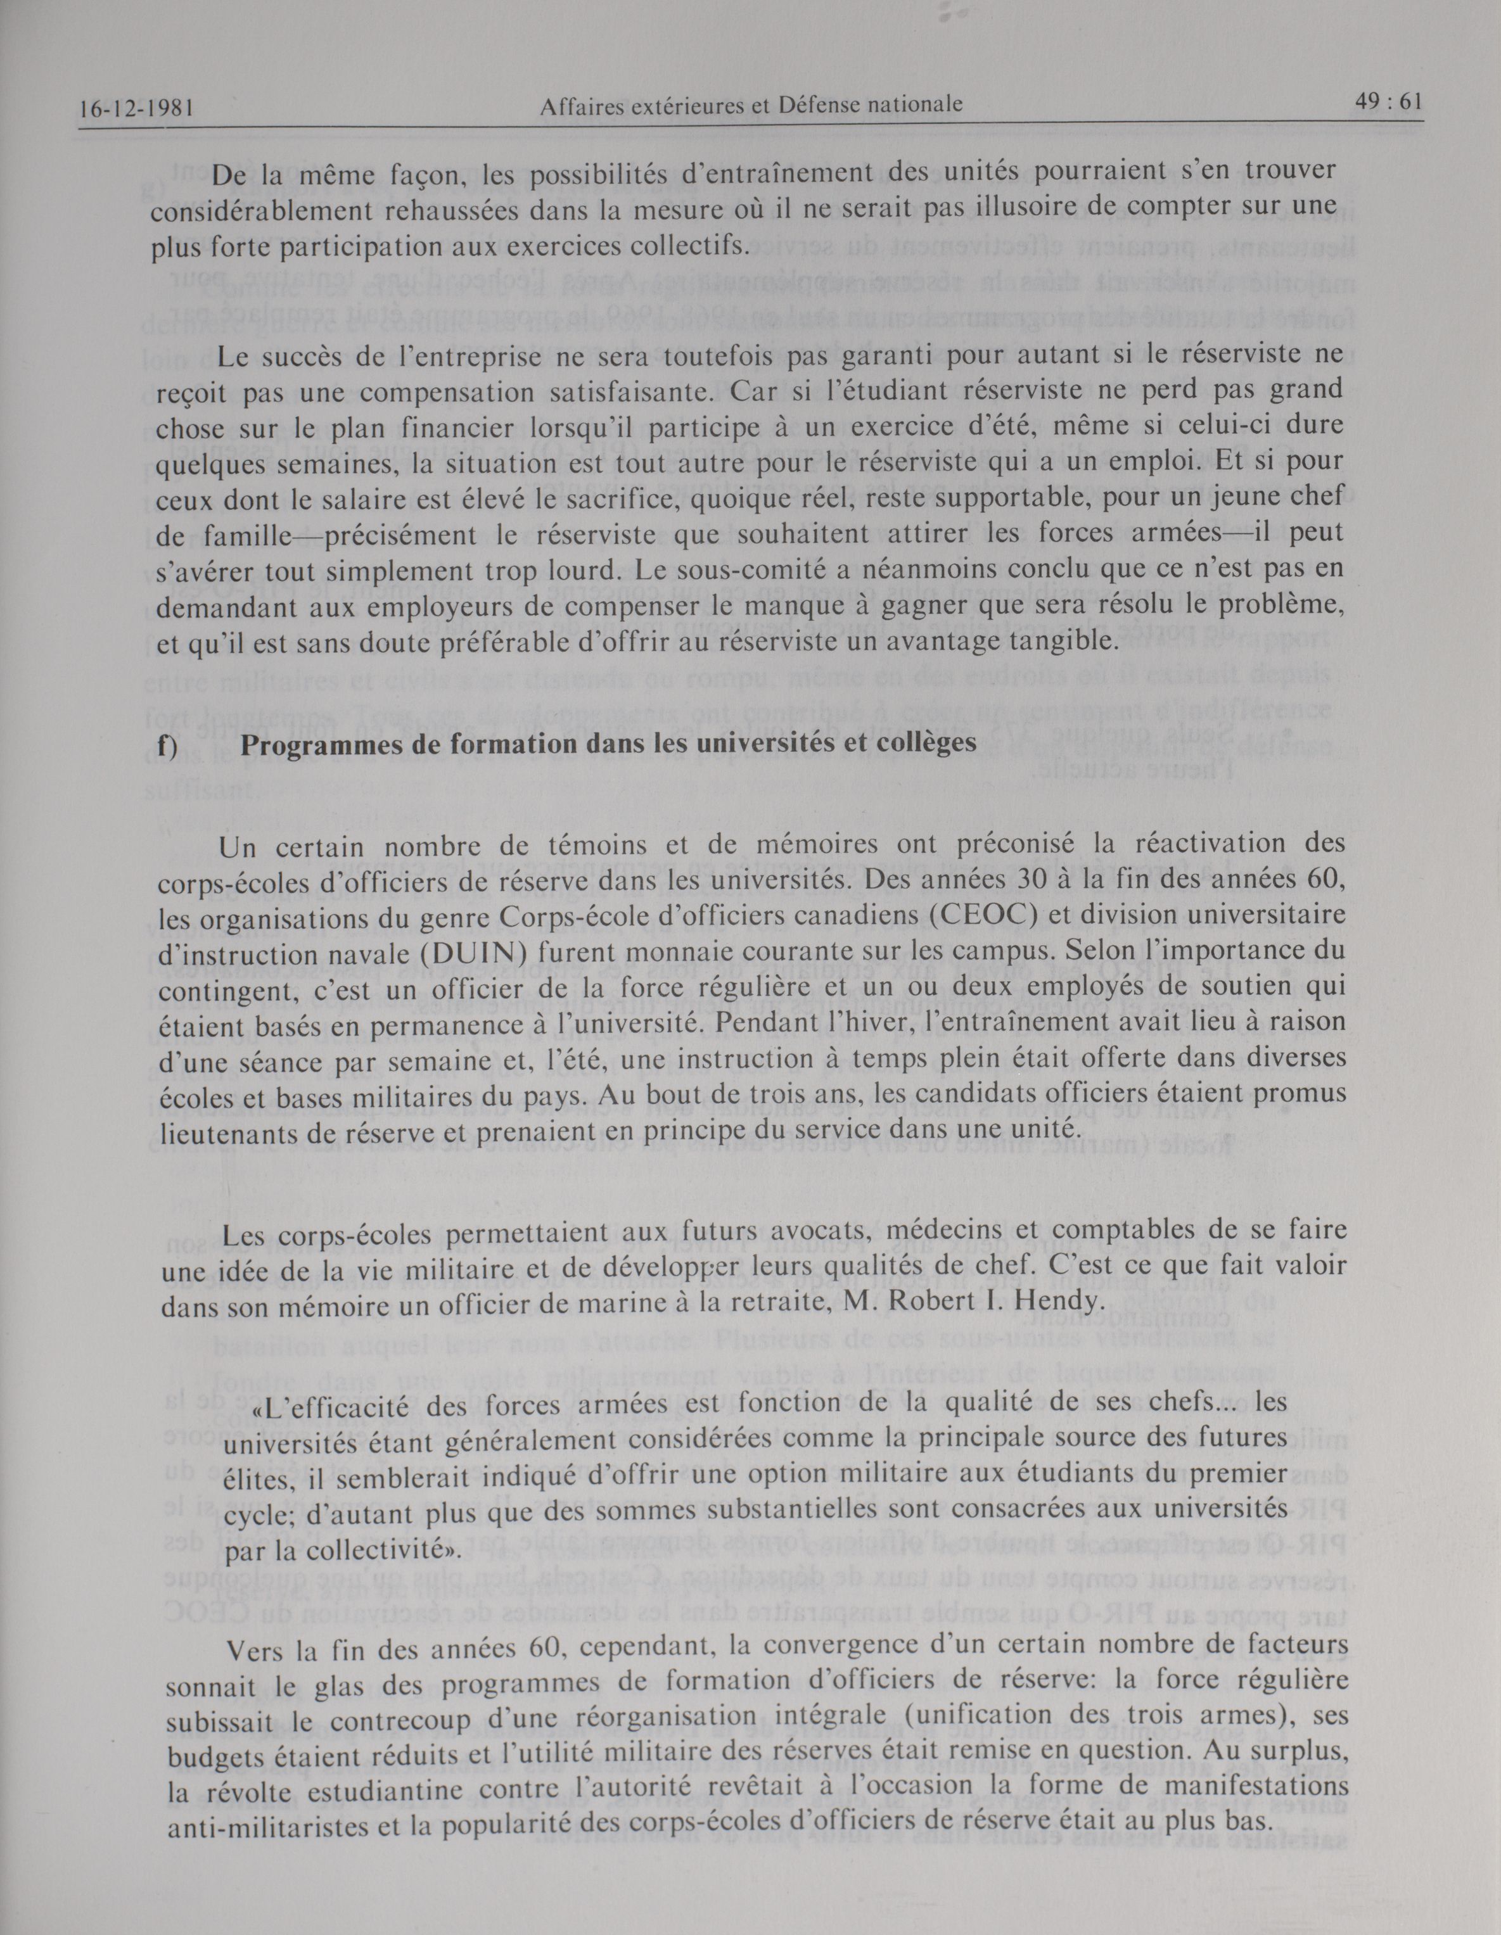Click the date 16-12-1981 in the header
tap(136, 109)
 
